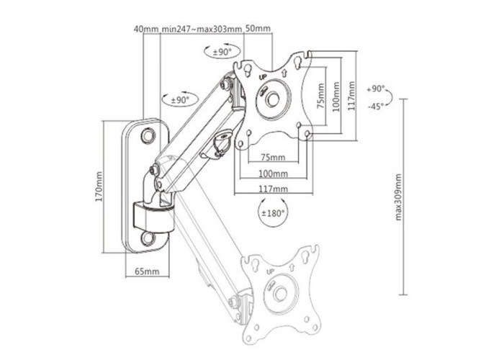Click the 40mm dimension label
[x=146, y=29]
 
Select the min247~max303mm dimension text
[x=202, y=29]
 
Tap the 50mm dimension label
[x=258, y=28]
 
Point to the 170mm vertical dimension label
[x=99, y=186]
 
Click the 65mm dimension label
[x=147, y=271]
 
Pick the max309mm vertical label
[x=398, y=197]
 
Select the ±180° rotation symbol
[x=273, y=212]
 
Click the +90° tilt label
[x=376, y=89]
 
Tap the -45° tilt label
[x=376, y=106]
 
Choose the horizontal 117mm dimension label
[x=273, y=189]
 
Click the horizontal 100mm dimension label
[x=273, y=174]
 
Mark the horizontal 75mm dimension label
[x=273, y=158]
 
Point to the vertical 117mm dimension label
[x=351, y=96]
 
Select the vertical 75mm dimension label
[x=320, y=96]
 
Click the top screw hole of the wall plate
[x=148, y=135]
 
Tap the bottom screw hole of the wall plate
[x=148, y=238]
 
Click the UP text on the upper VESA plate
[x=263, y=77]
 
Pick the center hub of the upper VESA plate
[x=273, y=99]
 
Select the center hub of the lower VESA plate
[x=281, y=294]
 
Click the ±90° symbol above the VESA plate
[x=222, y=51]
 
